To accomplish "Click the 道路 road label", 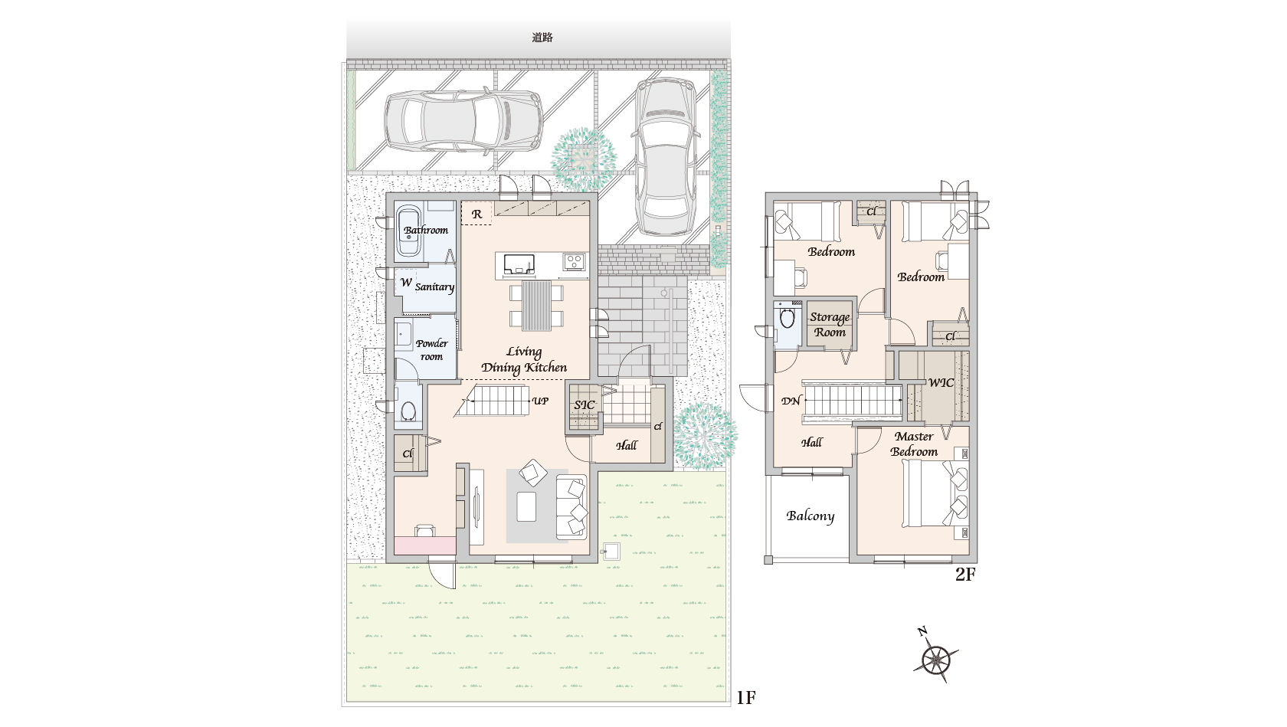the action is (x=542, y=38).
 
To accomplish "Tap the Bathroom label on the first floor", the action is (x=426, y=230).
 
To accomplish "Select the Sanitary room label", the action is (x=434, y=287).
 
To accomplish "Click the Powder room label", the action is (x=431, y=349).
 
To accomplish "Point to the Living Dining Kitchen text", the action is (x=524, y=360).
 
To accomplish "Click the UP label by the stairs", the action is (x=540, y=401).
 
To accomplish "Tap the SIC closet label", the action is (x=585, y=404).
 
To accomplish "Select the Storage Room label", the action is (x=830, y=325).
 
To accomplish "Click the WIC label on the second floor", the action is (x=941, y=383).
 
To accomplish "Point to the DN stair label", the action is (x=791, y=401).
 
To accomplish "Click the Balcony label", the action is (x=811, y=516).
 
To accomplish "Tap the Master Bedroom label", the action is (x=914, y=444).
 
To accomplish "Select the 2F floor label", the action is (x=965, y=574).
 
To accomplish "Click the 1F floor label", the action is (x=746, y=698).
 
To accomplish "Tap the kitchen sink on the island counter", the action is (x=519, y=265).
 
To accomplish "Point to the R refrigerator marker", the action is (x=476, y=214).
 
